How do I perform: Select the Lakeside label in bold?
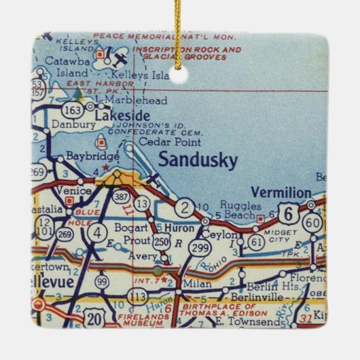122,116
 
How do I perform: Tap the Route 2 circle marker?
183,208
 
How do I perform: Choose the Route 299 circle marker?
199,248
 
